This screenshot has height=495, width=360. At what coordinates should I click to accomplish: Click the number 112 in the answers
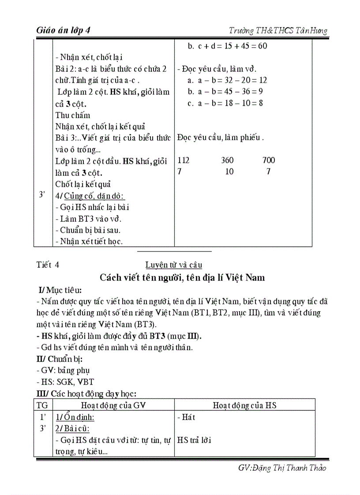pos(183,160)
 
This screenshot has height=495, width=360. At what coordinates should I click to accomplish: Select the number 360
pos(228,160)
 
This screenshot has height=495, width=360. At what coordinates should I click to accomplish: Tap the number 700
pos(268,160)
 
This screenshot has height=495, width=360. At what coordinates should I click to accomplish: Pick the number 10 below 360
pos(229,171)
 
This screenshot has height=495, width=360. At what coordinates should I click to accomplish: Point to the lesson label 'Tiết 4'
pos(48,265)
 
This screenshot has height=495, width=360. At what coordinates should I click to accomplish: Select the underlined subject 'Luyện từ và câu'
pos(173,265)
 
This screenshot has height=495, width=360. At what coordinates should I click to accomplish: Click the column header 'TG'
pos(43,405)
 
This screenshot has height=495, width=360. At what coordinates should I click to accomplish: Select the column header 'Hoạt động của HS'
pos(244,405)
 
